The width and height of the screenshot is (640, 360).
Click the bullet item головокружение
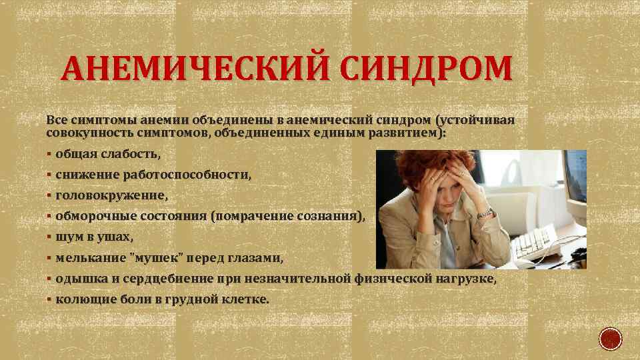[x=112, y=196]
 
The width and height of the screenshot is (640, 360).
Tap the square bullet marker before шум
[x=50, y=237]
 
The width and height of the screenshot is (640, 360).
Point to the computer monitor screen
[x=575, y=175]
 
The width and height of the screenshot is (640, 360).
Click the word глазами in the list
[x=259, y=257]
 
